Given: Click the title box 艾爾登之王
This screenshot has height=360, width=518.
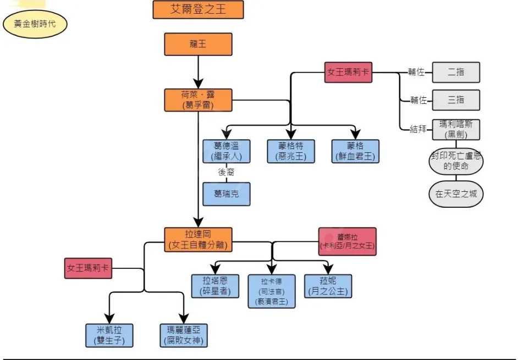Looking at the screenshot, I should tap(198, 10).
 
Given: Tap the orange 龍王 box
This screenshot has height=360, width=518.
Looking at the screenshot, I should tap(198, 44).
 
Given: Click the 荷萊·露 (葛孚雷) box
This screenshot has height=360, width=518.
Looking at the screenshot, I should tap(198, 100).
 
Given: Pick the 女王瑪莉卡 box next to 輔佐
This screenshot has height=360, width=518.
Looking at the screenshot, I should tap(349, 72).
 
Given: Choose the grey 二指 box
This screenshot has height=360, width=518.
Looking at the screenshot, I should tap(456, 72).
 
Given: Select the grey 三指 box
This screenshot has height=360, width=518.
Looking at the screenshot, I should tap(456, 100).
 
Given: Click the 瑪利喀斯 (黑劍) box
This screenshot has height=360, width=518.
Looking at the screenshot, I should tap(456, 130).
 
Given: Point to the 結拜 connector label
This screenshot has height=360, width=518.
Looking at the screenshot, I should tap(418, 130).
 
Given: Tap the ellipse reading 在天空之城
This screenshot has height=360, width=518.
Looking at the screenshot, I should tap(456, 194).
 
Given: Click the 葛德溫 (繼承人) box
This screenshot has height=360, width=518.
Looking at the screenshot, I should tap(227, 151).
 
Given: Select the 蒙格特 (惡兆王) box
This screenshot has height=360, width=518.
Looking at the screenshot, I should tap(291, 151).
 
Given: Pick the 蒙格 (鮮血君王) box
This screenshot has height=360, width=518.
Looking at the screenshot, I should tap(355, 151).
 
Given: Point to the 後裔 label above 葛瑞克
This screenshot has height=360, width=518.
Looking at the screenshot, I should tap(227, 173).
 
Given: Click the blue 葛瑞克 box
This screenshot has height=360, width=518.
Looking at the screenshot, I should tap(227, 194).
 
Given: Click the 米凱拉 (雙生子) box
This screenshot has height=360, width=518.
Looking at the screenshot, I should tap(109, 335).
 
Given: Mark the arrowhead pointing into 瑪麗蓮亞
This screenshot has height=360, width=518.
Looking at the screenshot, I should tap(184, 318).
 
